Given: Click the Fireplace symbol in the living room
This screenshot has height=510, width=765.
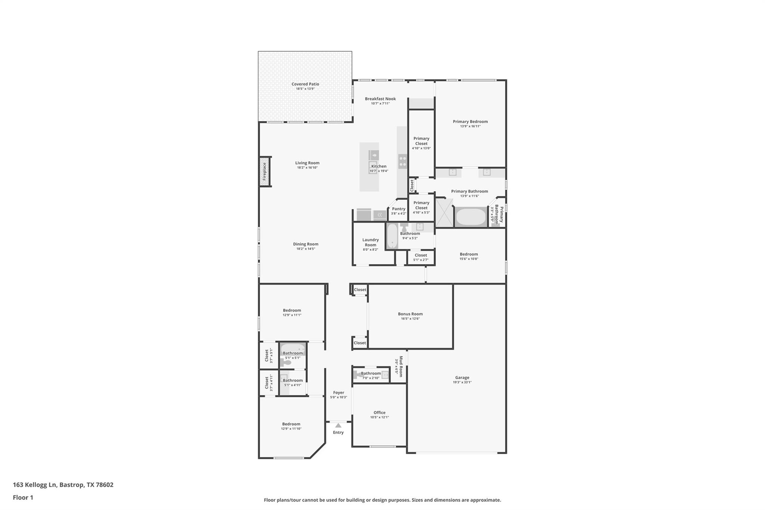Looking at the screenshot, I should [x=264, y=171].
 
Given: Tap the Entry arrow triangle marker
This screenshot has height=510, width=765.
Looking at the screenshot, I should [x=338, y=425].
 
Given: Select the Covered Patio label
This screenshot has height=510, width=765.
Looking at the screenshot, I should [x=305, y=84].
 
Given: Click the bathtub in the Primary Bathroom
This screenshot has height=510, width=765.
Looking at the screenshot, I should [x=471, y=217].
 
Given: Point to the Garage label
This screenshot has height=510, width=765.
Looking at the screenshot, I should [x=462, y=377].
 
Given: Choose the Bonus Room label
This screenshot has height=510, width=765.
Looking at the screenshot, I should [x=410, y=314].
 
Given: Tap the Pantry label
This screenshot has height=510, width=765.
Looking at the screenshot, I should [x=399, y=209].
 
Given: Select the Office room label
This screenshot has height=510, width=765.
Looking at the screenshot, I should [x=379, y=412].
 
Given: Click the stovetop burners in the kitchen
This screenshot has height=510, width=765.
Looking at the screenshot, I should [x=403, y=161].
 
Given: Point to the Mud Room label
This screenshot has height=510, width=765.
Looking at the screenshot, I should [x=401, y=366].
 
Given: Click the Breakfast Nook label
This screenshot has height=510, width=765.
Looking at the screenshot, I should [x=380, y=99].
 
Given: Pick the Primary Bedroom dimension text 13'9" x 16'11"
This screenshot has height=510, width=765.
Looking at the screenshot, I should [x=470, y=126].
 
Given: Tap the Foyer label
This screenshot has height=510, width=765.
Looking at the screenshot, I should [x=338, y=392].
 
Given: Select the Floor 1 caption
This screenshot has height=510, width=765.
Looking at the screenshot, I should [x=23, y=497].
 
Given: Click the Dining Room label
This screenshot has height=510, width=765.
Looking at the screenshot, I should [x=306, y=244].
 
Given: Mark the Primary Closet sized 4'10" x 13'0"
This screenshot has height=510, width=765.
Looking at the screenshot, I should [x=421, y=141].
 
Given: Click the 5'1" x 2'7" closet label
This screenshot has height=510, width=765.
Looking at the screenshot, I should [x=421, y=260].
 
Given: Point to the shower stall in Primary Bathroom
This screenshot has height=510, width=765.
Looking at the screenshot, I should [x=444, y=213].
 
